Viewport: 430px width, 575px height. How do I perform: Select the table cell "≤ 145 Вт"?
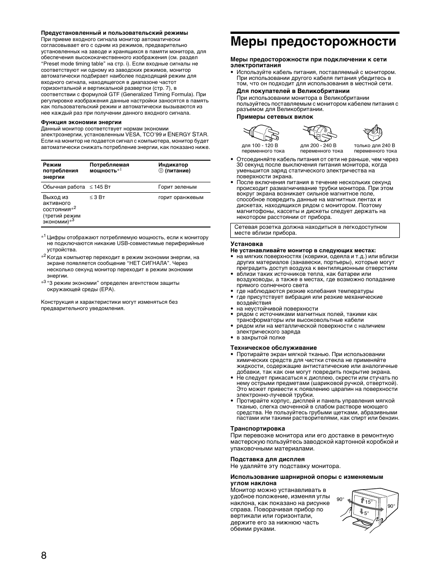click(x=100, y=187)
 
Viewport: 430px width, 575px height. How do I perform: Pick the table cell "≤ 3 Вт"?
click(x=97, y=197)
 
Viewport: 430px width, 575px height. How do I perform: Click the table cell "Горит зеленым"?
click(x=177, y=187)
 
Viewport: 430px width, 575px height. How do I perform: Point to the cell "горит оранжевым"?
click(x=181, y=197)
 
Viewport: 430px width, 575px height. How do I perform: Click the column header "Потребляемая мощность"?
click(x=109, y=168)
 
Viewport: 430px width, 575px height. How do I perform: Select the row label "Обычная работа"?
click(x=64, y=187)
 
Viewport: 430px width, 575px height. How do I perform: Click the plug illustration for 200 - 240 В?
click(x=320, y=132)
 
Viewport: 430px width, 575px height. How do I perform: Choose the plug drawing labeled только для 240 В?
click(x=374, y=133)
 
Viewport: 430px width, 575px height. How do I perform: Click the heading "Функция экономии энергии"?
click(x=81, y=122)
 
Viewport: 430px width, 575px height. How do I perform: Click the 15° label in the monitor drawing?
click(x=368, y=502)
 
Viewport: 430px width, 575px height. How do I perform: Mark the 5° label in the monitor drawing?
click(x=366, y=513)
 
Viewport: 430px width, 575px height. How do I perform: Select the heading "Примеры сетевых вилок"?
click(x=275, y=117)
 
